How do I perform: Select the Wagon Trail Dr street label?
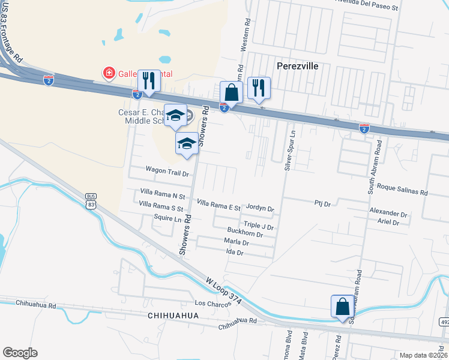click(167, 171)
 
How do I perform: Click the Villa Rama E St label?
click(218, 206)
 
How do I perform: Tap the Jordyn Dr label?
click(260, 209)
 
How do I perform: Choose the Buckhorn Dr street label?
click(245, 231)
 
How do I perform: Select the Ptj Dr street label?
click(322, 204)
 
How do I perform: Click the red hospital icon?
click(109, 73)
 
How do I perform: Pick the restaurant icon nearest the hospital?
click(148, 82)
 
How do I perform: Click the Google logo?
click(20, 353)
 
